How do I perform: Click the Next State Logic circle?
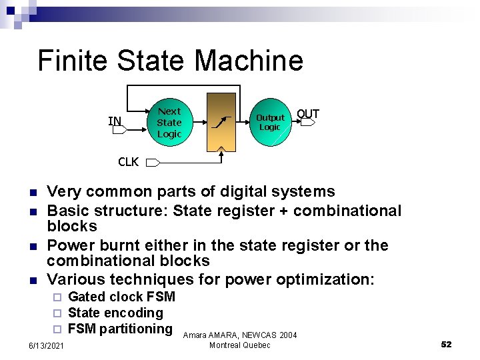click(169, 122)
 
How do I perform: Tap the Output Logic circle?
click(270, 122)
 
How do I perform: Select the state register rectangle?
click(221, 121)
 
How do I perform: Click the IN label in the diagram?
click(115, 121)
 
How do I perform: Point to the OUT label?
click(307, 114)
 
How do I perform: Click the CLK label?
click(128, 162)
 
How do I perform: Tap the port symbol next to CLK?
click(153, 162)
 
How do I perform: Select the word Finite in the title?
click(73, 61)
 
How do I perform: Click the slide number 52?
click(446, 344)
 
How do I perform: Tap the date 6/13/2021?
click(46, 345)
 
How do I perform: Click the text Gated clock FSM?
click(121, 297)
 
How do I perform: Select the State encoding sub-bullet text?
click(115, 313)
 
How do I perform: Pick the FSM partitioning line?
click(120, 329)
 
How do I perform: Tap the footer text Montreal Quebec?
click(239, 345)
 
